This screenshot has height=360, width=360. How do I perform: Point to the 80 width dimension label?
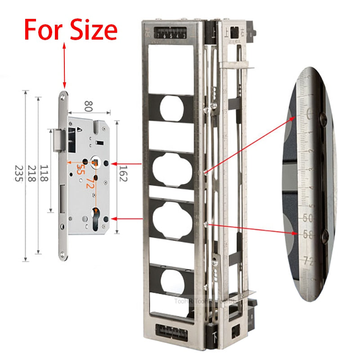(x=88, y=107)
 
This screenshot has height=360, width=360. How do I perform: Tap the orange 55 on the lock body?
(x=79, y=169)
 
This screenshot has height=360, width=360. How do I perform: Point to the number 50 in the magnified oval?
(x=308, y=218)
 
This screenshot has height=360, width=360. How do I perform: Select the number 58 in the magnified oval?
(x=308, y=234)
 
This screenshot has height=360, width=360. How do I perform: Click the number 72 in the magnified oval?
(x=309, y=260)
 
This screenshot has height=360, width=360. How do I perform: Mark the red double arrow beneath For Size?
(x=65, y=65)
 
